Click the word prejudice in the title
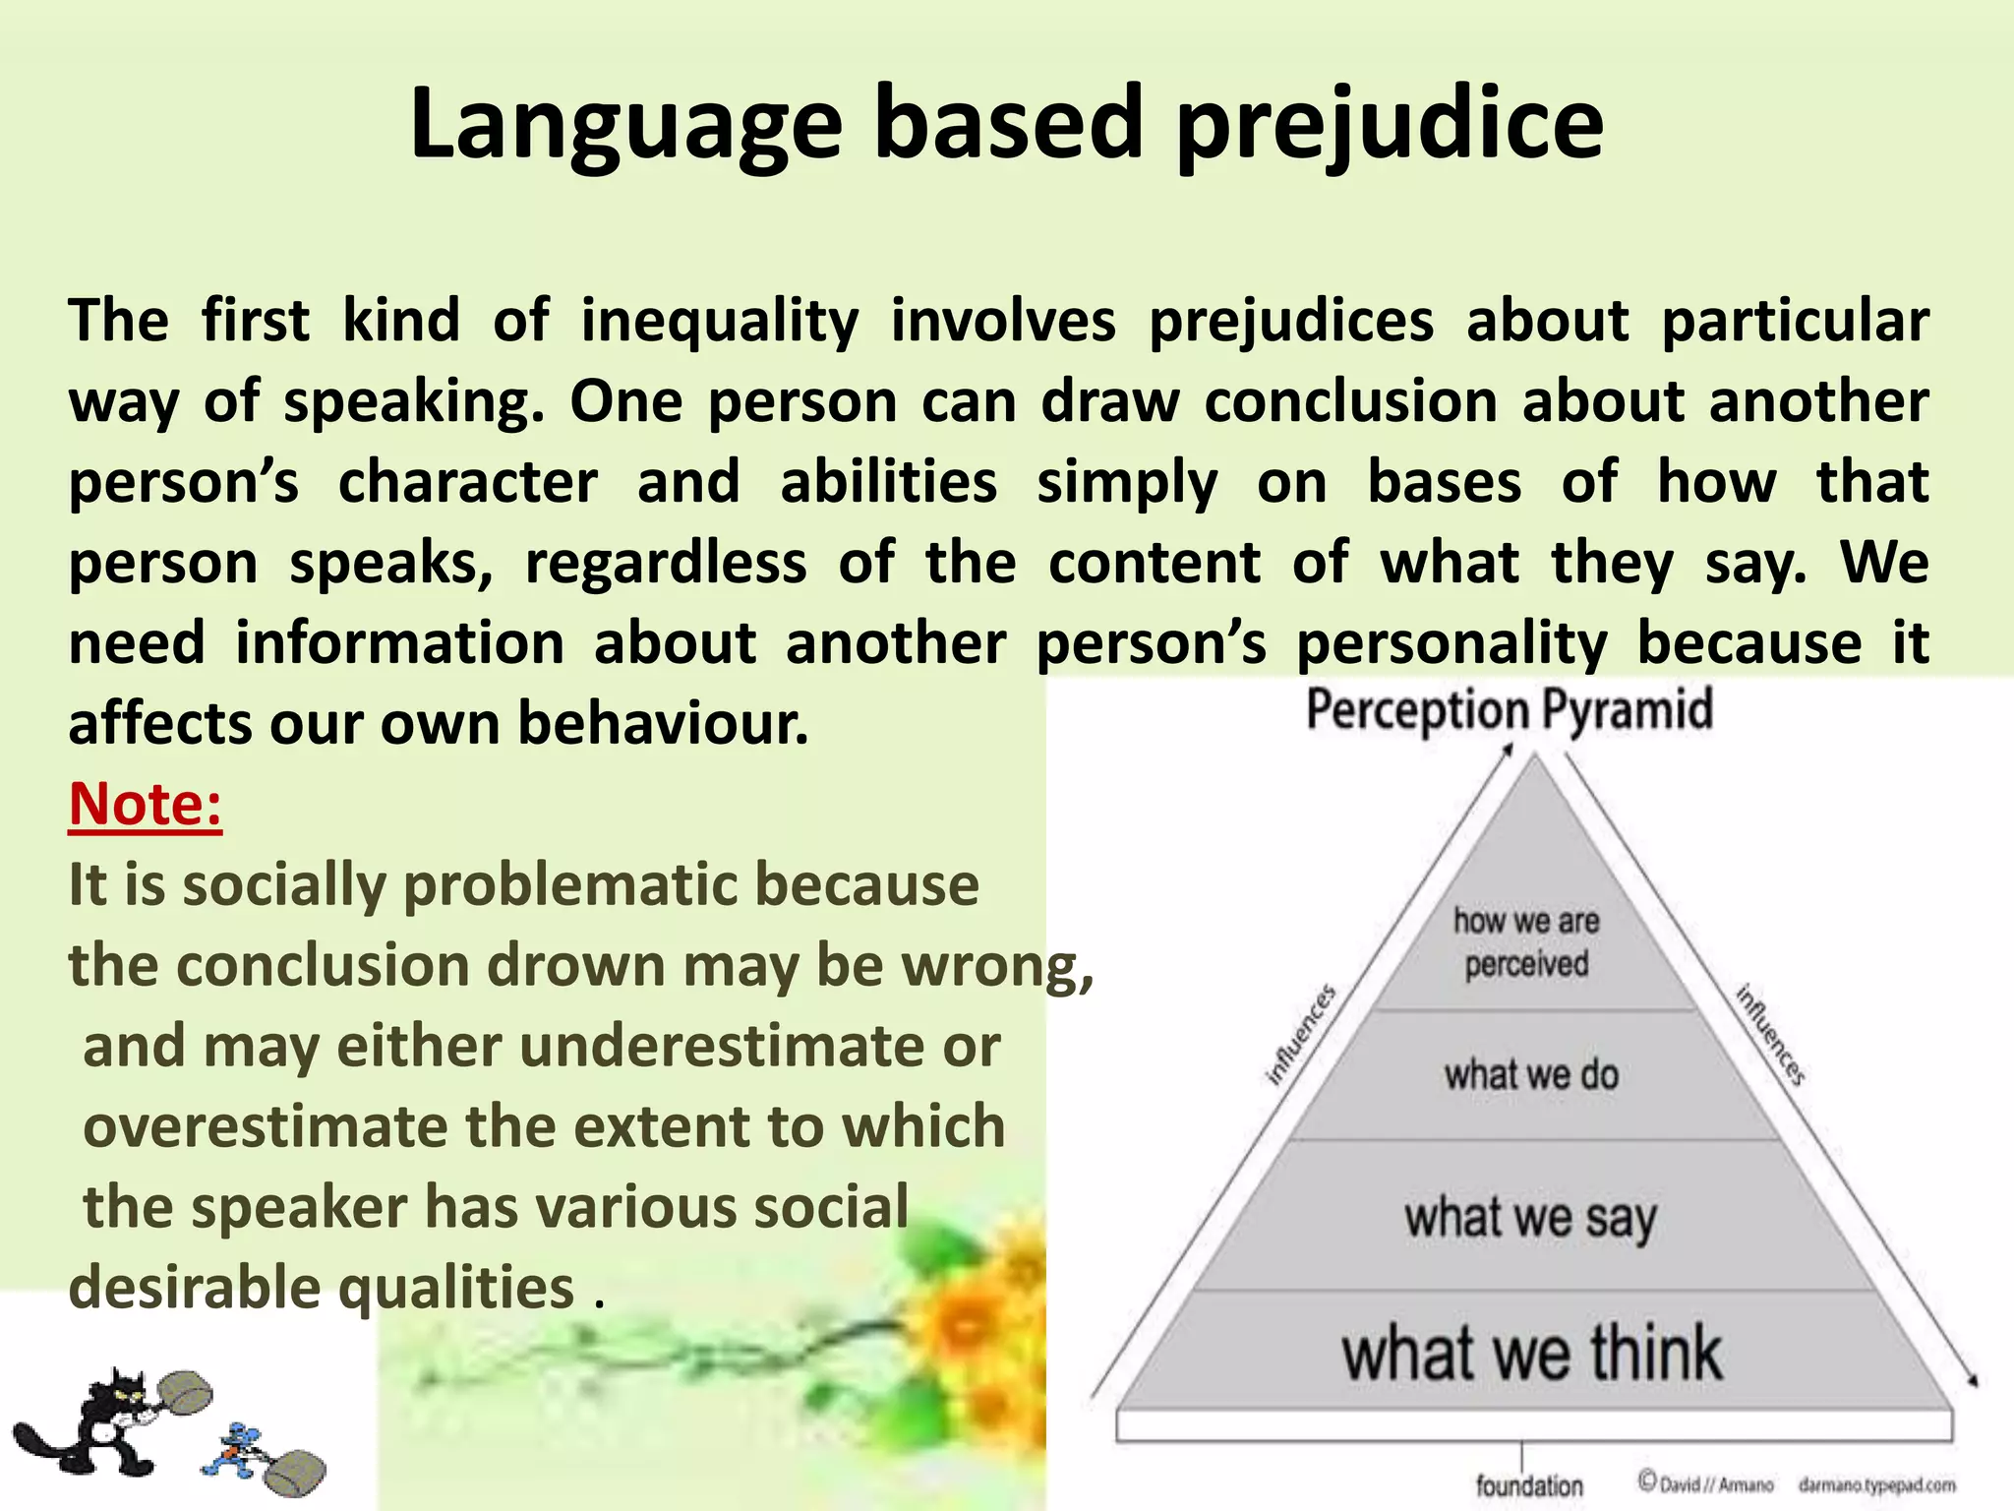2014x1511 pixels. point(1389,125)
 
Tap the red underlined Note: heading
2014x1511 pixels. point(146,805)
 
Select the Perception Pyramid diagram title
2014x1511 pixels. point(1509,709)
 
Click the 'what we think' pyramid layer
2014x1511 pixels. point(1531,1354)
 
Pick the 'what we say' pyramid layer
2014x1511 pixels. point(1530,1218)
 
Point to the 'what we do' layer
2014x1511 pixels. point(1530,1074)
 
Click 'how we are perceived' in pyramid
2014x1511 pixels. point(1526,942)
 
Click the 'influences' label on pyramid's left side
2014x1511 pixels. point(1300,1035)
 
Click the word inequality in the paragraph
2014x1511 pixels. point(720,322)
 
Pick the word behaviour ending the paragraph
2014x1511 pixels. point(663,724)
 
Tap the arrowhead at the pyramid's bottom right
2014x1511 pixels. point(1971,1380)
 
